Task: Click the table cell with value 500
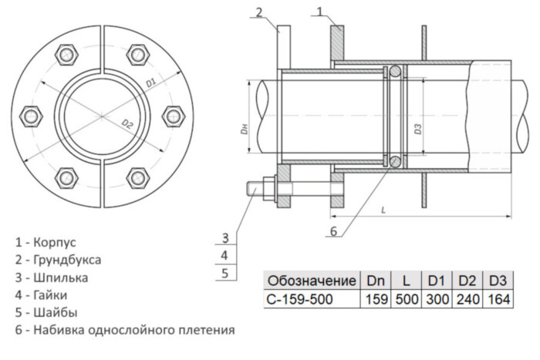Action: click(x=406, y=298)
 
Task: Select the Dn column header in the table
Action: click(x=376, y=280)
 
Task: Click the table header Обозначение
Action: click(x=311, y=280)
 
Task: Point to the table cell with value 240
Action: click(x=466, y=298)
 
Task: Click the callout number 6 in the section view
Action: click(x=333, y=230)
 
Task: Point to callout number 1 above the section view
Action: click(x=320, y=10)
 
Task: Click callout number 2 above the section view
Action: click(x=259, y=10)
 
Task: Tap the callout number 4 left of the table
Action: click(x=224, y=254)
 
